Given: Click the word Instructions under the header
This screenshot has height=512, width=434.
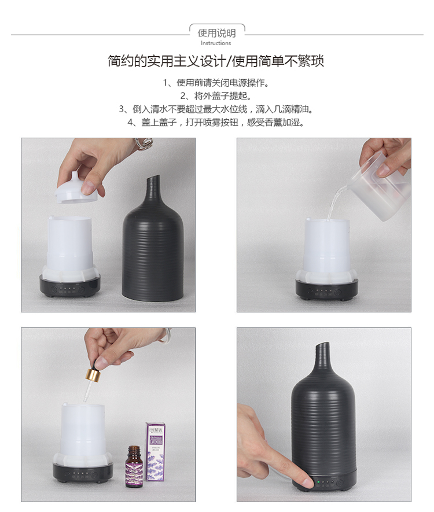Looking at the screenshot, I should coord(216,43).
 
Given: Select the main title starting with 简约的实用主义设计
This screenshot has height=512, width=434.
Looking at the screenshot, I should coord(216,61).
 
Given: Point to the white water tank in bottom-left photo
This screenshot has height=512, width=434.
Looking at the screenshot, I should coord(82,431).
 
